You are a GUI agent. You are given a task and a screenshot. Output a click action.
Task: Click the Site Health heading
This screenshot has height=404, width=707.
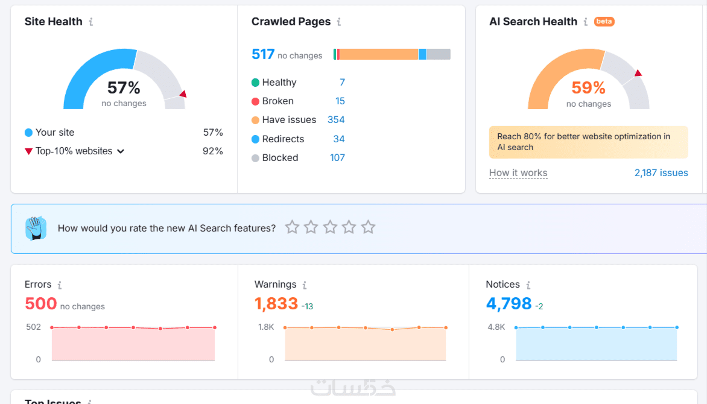tap(53, 22)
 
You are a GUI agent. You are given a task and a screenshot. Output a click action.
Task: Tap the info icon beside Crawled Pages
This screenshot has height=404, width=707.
tap(339, 22)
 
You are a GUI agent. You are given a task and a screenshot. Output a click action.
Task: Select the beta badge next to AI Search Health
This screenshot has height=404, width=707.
tap(604, 22)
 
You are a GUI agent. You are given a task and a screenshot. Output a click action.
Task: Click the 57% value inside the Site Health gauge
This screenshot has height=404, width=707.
tap(124, 88)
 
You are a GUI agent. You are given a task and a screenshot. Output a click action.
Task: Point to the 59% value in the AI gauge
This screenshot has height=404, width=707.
tap(588, 88)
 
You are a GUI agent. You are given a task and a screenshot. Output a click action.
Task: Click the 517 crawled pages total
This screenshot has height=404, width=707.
tap(263, 55)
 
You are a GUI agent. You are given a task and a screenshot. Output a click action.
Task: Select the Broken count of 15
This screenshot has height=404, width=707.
tap(340, 101)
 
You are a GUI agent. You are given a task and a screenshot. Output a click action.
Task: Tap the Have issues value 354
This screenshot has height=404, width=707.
tap(336, 119)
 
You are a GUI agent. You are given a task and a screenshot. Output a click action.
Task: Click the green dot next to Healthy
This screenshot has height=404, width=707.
tap(256, 82)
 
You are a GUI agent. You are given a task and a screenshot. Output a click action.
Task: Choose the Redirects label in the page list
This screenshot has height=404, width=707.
tap(283, 139)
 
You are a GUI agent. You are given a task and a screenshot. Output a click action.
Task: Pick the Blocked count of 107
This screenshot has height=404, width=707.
tap(337, 157)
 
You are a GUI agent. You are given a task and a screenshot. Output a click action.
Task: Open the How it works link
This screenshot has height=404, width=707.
tap(518, 173)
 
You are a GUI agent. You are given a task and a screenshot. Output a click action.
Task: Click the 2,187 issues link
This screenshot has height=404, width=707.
tap(661, 173)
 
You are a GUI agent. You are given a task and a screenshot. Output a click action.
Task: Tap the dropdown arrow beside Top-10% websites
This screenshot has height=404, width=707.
tap(121, 151)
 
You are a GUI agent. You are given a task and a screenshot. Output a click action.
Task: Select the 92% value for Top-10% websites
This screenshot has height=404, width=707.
tap(213, 151)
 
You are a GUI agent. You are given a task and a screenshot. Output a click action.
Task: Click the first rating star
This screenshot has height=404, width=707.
tap(292, 227)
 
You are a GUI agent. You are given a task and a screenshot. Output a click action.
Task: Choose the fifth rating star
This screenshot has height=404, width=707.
tap(368, 227)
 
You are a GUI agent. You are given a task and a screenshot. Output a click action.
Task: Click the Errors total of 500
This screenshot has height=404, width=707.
tap(41, 303)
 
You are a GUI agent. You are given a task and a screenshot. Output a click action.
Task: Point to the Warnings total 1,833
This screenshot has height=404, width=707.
tap(276, 303)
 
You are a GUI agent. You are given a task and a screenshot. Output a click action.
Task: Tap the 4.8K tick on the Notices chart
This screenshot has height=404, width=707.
tap(496, 327)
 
